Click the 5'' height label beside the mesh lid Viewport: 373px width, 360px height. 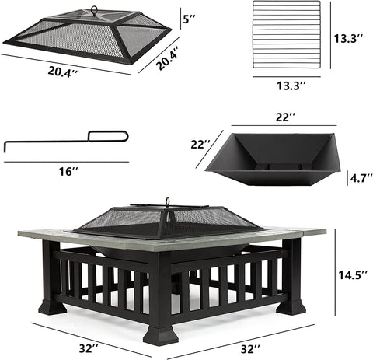189,19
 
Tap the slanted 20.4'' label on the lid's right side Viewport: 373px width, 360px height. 168,58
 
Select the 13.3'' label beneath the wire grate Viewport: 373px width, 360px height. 291,86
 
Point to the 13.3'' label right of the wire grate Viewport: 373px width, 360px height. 348,39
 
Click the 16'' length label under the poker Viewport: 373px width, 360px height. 68,171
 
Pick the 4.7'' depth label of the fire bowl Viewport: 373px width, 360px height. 361,178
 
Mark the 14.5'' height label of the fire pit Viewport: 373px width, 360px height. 353,275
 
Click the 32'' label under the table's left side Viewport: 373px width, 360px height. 89,348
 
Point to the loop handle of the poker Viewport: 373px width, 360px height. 108,136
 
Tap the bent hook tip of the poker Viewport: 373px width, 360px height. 5,147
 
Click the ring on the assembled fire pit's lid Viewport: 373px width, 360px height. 168,201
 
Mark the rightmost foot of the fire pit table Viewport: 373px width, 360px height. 291,307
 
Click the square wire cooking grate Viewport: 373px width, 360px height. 287,34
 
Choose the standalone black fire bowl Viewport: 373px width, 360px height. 272,159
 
